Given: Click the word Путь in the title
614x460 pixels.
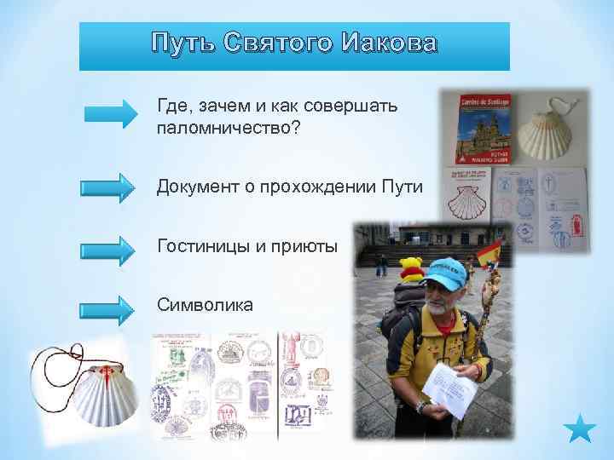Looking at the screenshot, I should coord(182,43).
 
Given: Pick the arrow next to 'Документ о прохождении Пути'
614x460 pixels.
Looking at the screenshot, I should coord(108,187).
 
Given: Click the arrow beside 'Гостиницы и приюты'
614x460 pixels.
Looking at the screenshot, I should coord(108,249).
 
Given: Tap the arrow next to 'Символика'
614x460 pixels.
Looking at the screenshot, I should coord(108,308).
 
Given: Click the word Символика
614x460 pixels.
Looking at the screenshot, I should coord(205,303).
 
